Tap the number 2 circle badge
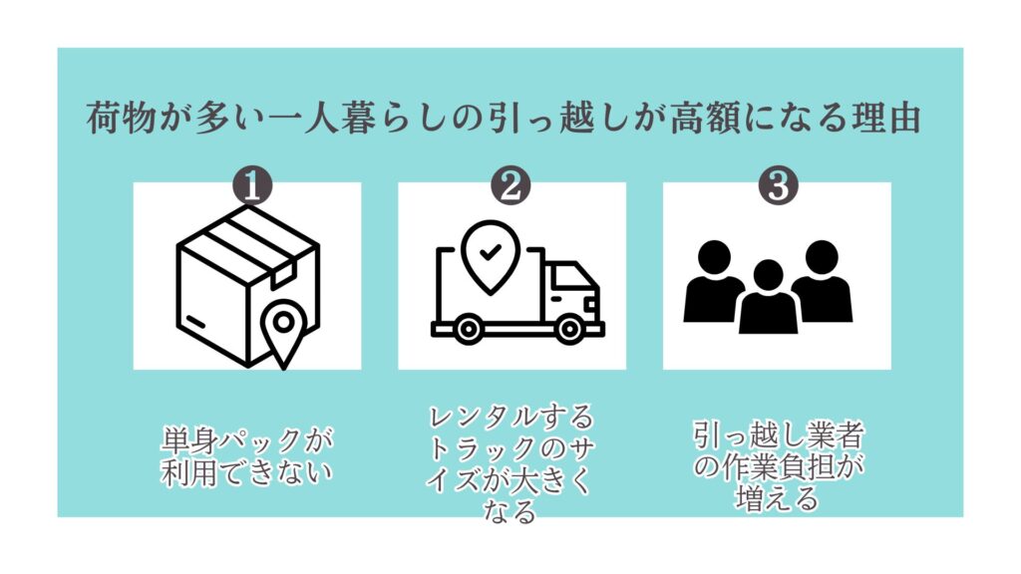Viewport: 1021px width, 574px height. coord(510,186)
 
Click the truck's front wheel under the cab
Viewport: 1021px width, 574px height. coord(568,329)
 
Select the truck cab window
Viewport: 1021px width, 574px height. coord(566,282)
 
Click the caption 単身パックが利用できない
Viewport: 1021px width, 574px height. coord(246,456)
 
